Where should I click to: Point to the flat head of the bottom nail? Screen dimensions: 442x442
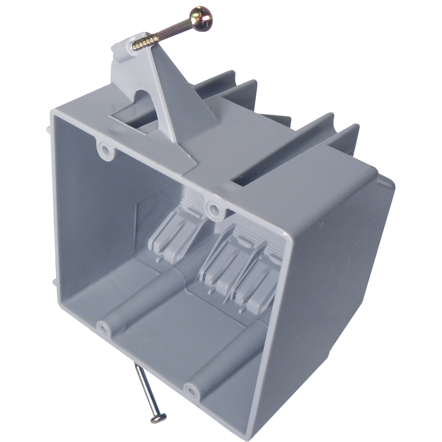coord(158,418)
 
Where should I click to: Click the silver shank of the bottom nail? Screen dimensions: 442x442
coord(145,389)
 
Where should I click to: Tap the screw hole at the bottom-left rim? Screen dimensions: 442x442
coord(103,328)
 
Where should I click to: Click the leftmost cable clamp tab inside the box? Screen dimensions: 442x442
coord(177,234)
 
